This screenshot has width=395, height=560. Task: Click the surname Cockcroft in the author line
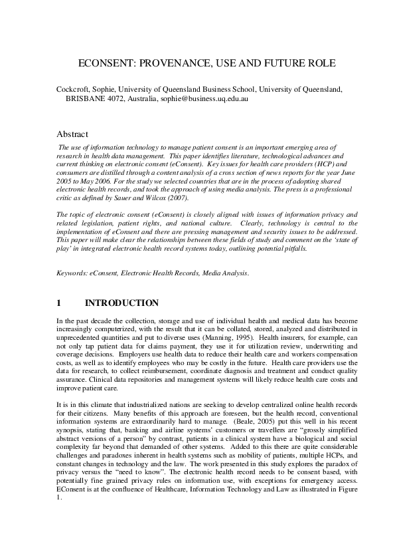point(77,88)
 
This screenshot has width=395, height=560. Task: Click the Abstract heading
point(73,133)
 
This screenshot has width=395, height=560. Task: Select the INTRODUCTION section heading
point(122,303)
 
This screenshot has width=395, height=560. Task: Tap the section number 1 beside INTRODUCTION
point(59,303)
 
